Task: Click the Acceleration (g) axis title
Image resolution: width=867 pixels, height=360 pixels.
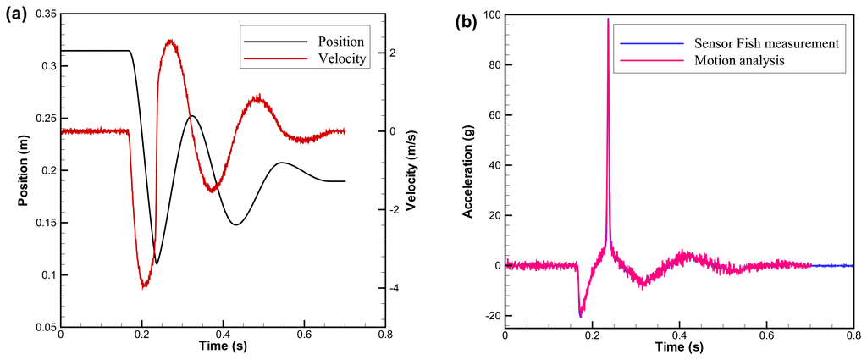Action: [x=467, y=169]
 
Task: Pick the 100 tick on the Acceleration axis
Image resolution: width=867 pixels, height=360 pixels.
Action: [x=489, y=14]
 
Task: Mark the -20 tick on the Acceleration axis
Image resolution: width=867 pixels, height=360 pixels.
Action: [x=488, y=316]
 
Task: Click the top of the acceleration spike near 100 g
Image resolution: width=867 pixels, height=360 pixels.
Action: [x=608, y=19]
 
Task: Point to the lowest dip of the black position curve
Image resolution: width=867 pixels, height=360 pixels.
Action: [x=157, y=263]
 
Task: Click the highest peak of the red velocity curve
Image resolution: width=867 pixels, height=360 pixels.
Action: [x=171, y=40]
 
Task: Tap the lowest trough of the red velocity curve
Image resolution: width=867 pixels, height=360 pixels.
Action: [x=144, y=286]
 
